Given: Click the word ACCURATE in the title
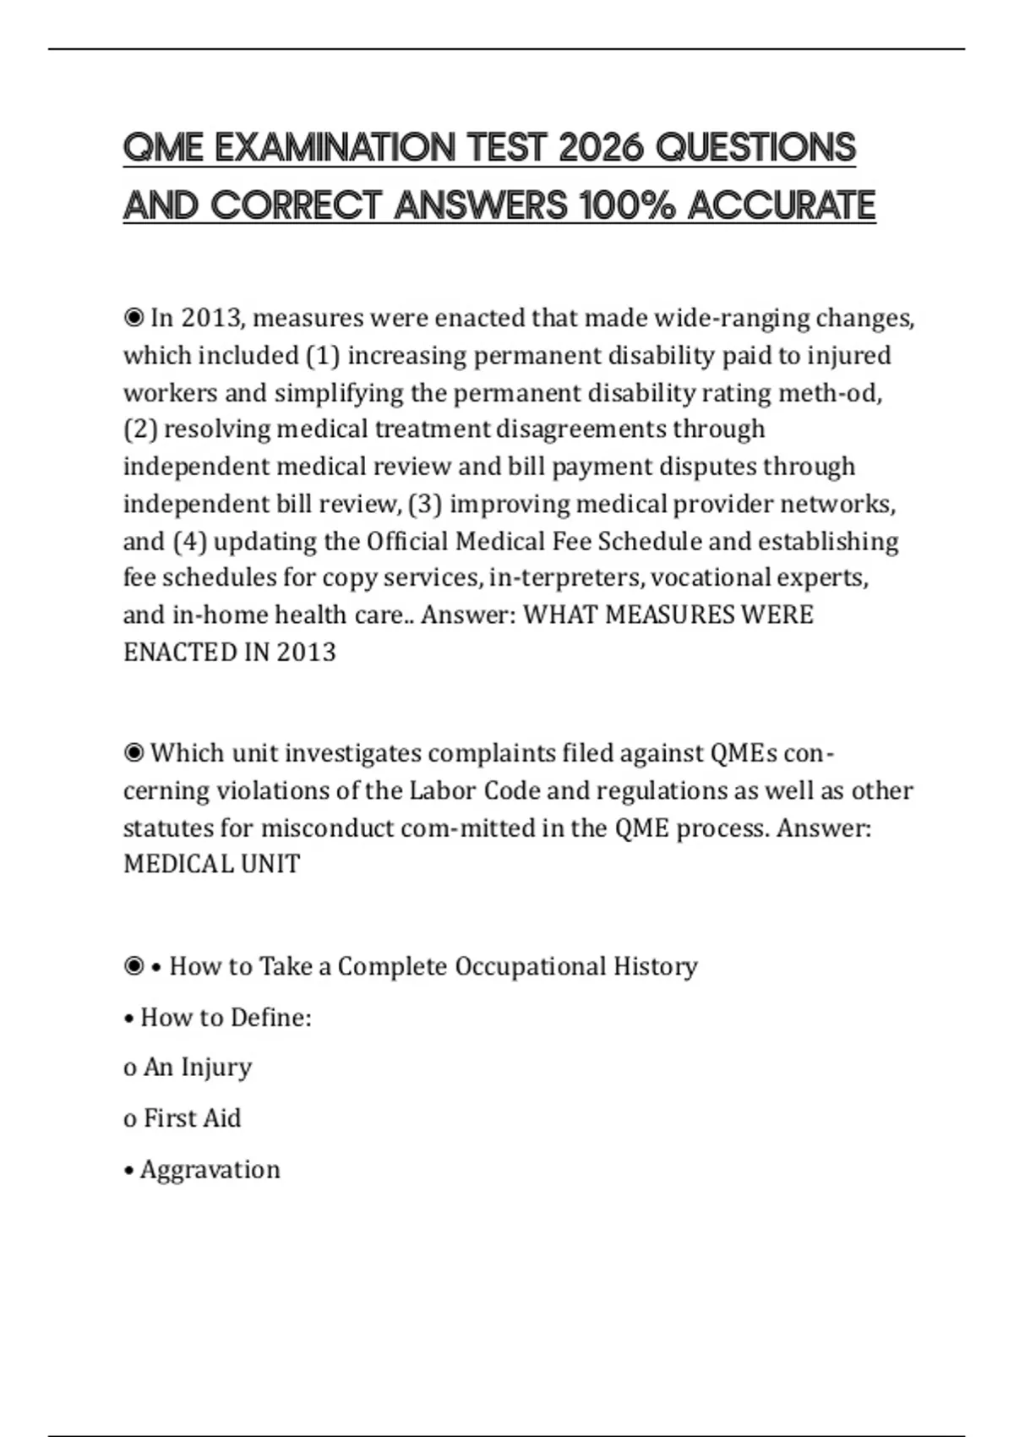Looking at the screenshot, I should (x=782, y=205).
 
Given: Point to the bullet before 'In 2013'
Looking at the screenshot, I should (x=134, y=318).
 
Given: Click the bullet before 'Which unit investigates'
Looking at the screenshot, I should (x=134, y=752).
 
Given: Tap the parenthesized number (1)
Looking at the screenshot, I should (x=322, y=356).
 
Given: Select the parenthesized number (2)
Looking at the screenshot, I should (x=140, y=429).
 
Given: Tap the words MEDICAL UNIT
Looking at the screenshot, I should (x=211, y=864).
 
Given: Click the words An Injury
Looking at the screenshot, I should (x=197, y=1068).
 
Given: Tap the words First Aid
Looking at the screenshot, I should (x=192, y=1118).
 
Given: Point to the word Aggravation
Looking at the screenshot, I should (x=210, y=1170).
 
